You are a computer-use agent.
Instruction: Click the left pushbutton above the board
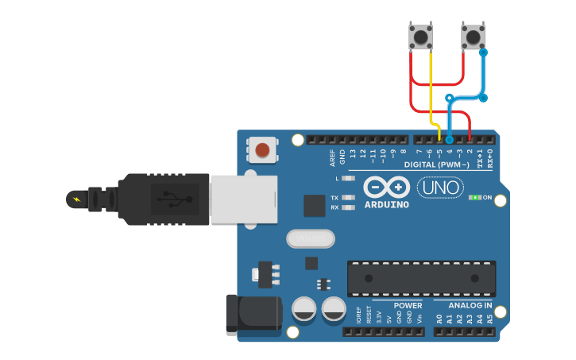420,37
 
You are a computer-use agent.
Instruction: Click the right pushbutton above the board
474,37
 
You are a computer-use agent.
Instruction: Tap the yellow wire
431,87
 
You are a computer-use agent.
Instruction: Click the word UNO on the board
440,188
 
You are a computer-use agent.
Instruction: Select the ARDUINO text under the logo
387,204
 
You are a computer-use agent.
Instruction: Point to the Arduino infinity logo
387,188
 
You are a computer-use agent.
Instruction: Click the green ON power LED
475,196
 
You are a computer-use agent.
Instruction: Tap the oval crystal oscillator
309,238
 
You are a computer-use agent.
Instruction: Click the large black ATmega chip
421,278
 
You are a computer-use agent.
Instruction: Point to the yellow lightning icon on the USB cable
75,198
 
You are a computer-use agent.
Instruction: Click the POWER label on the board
408,305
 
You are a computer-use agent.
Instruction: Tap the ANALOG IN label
470,305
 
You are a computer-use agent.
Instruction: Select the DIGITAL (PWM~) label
438,165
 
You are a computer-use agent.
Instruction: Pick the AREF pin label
333,157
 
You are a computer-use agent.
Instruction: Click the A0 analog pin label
439,319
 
